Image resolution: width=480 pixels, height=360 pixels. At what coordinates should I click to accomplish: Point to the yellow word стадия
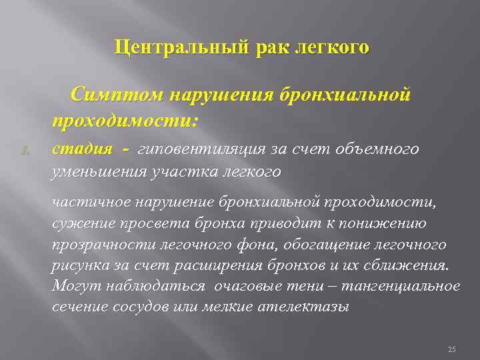tap(78, 149)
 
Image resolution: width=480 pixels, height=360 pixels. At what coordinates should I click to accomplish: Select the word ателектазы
tap(307, 308)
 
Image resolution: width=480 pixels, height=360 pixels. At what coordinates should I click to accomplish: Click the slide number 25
tap(451, 349)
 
